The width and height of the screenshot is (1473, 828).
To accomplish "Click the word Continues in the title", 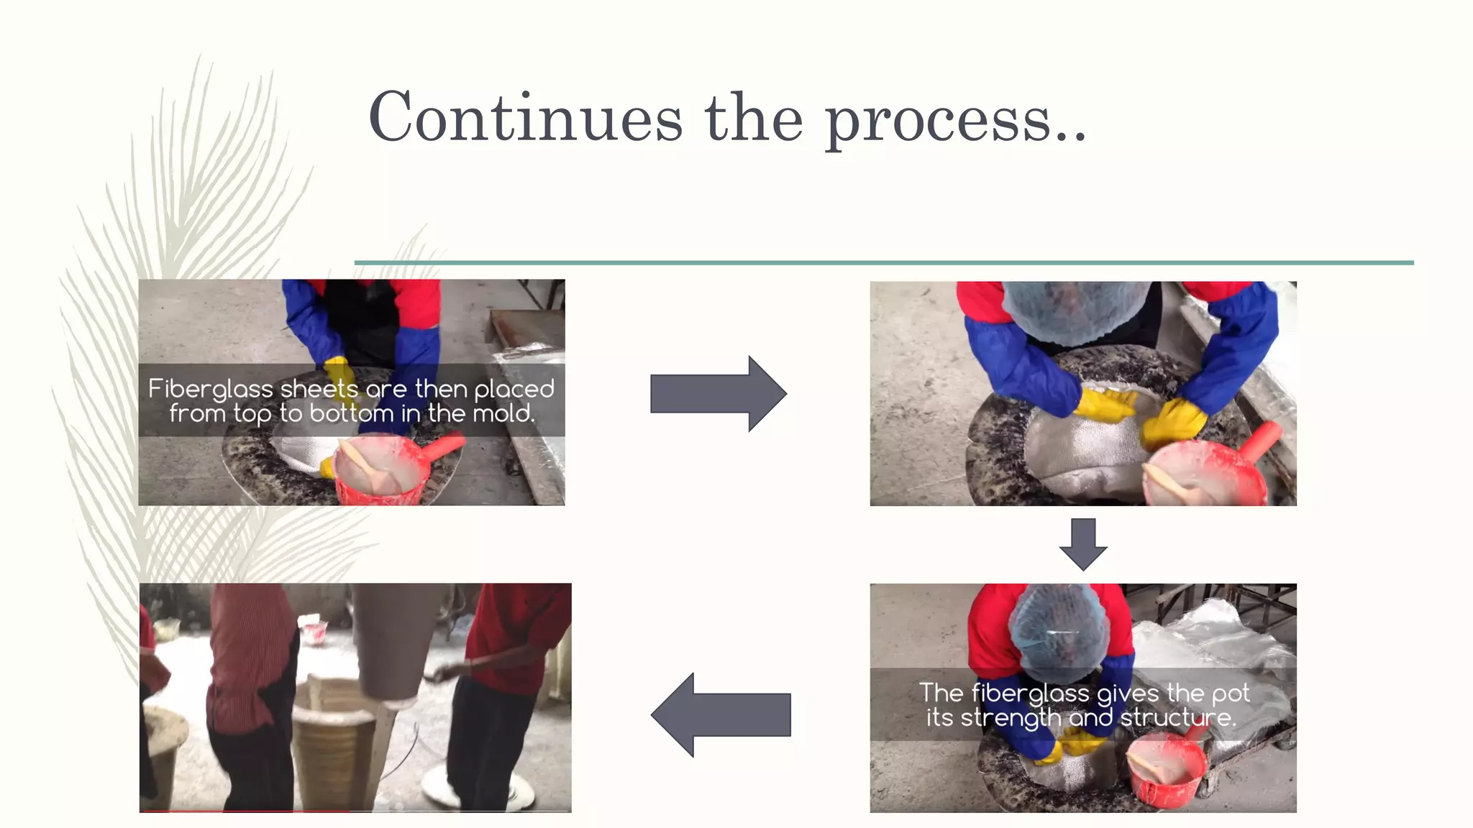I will click(x=525, y=119).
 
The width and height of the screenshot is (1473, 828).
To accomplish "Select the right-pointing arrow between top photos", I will click(x=718, y=394).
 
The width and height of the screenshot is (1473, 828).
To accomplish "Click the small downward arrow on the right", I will click(x=1083, y=544).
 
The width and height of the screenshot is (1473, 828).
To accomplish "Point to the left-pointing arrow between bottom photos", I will click(x=721, y=714).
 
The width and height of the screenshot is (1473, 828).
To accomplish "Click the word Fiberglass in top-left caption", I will click(x=211, y=389).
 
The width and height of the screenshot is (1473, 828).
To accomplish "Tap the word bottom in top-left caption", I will click(x=352, y=413).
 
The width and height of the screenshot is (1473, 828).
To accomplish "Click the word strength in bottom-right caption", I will click(x=1010, y=718).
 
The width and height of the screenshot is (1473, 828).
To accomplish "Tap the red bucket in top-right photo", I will click(x=1208, y=474).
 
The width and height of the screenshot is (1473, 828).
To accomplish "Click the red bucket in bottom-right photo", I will click(x=1165, y=773).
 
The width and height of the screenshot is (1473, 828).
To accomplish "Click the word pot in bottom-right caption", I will click(x=1230, y=694).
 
